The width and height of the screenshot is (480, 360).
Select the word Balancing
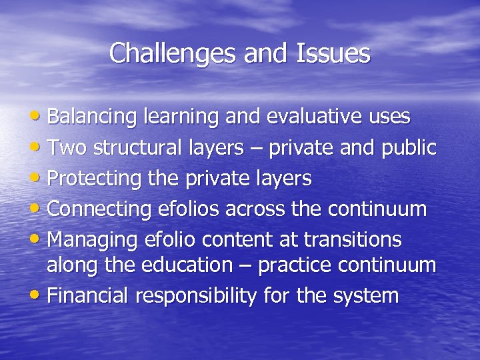[x=93, y=117]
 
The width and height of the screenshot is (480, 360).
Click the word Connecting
[x=99, y=209]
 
